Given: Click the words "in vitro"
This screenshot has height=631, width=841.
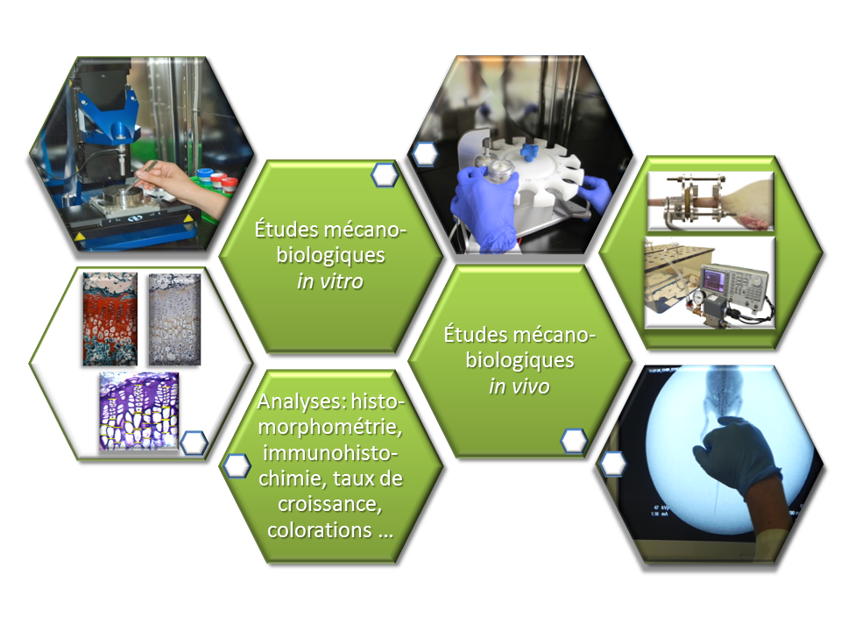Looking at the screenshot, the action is [x=330, y=281].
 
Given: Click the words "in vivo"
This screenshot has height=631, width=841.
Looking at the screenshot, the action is [x=519, y=386].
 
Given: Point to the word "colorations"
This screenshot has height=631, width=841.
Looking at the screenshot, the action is [x=320, y=530].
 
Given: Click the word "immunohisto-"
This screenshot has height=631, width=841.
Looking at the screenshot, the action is [x=330, y=453].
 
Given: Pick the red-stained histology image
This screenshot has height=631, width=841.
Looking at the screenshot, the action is [x=110, y=319].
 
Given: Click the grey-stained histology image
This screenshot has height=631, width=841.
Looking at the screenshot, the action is [x=174, y=319].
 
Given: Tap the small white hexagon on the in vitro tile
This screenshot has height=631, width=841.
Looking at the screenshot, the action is [x=385, y=175].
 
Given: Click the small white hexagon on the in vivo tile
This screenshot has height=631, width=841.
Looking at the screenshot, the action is [x=574, y=441].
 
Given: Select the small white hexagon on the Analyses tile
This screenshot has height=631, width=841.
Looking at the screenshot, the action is [x=237, y=465].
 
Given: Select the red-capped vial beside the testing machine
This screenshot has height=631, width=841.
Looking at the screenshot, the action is [x=217, y=181].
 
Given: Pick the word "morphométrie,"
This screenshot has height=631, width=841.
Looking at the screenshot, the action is [x=330, y=427].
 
